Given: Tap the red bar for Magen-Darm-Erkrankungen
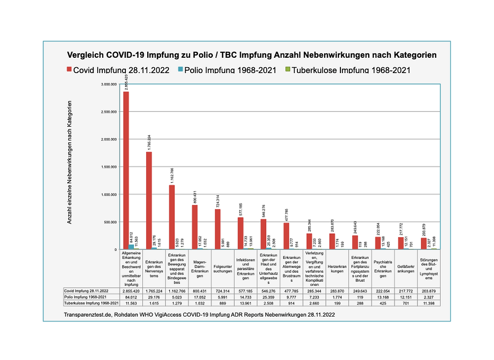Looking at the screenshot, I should (194, 227).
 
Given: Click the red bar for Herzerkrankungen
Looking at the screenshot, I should (332, 241).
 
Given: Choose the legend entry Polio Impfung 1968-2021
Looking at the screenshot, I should (231, 70).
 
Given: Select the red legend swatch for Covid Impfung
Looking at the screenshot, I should (69, 70).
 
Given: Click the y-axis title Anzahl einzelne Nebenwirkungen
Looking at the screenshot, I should (70, 163).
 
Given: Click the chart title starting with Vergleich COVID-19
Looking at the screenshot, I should (252, 55).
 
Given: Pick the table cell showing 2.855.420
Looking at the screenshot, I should (131, 292).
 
